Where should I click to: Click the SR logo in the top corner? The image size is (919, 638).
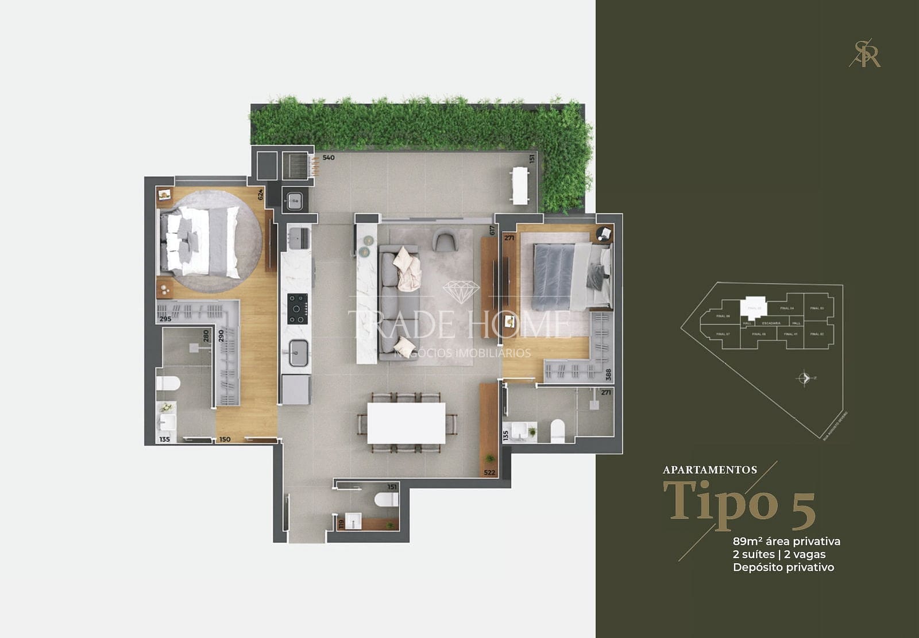pyautogui.click(x=865, y=53)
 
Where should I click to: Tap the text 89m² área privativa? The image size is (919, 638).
pyautogui.click(x=786, y=541)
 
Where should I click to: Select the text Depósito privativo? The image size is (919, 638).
pyautogui.click(x=783, y=567)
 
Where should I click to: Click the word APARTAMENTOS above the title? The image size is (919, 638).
pyautogui.click(x=710, y=470)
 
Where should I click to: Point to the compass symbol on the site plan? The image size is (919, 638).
pyautogui.click(x=804, y=378)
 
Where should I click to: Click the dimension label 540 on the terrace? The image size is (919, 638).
pyautogui.click(x=329, y=157)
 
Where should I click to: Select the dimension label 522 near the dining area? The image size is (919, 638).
pyautogui.click(x=489, y=473)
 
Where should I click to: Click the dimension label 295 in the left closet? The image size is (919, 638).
pyautogui.click(x=165, y=319)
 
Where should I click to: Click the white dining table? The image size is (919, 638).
pyautogui.click(x=406, y=423)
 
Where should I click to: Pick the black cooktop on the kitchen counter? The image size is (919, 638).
pyautogui.click(x=298, y=309)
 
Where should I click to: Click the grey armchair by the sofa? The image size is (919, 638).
pyautogui.click(x=445, y=239)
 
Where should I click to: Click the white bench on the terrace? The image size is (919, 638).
pyautogui.click(x=520, y=185)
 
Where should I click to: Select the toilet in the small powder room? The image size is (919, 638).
pyautogui.click(x=387, y=499)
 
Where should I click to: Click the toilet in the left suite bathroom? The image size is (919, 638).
pyautogui.click(x=168, y=383)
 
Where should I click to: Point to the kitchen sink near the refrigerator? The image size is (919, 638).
pyautogui.click(x=299, y=353)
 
